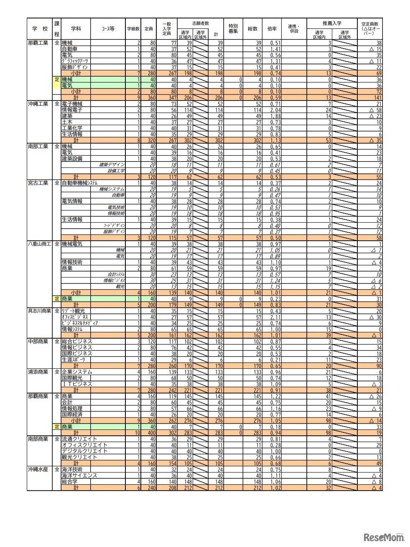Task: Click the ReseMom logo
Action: [384, 537]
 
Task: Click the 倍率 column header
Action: [272, 29]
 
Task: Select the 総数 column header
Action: [253, 29]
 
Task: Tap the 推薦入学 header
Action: [332, 23]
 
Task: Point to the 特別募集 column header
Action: [233, 29]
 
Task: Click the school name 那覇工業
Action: [38, 43]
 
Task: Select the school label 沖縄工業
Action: [38, 104]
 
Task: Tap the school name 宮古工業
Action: [38, 183]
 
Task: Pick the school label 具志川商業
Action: [39, 311]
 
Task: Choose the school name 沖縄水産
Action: [38, 470]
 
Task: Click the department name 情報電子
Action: [72, 110]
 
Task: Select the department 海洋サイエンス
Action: [79, 476]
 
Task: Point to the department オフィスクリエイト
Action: [84, 445]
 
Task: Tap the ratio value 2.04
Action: [275, 110]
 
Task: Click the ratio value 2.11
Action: [275, 317]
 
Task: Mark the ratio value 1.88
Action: [275, 116]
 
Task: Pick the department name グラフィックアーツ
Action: [75, 61]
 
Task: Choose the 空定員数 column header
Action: [370, 29]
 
